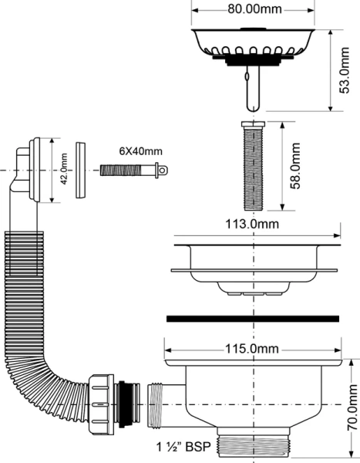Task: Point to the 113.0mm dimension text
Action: pos(252,224)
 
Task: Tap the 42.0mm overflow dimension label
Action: pos(64,170)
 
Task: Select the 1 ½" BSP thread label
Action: pos(185,447)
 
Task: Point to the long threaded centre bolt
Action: pos(252,166)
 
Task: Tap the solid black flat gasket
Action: pos(252,318)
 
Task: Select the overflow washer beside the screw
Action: pos(81,170)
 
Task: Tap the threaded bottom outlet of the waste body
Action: pos(252,446)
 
